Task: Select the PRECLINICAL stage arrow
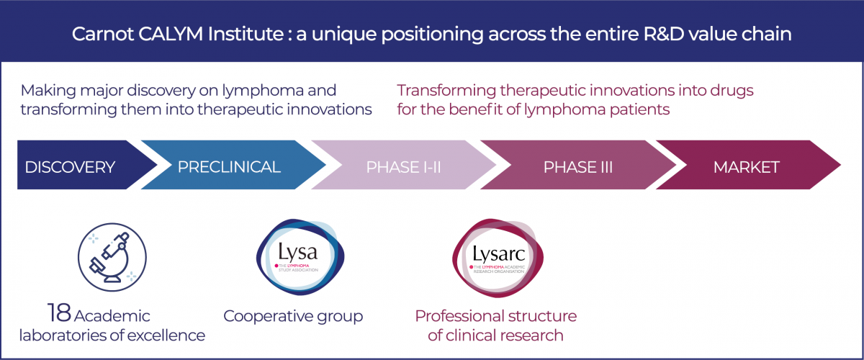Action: point(229,168)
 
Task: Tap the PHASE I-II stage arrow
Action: point(403,168)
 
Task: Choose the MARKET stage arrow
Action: point(746,168)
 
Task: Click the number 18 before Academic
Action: point(59,315)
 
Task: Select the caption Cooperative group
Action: point(293,316)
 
